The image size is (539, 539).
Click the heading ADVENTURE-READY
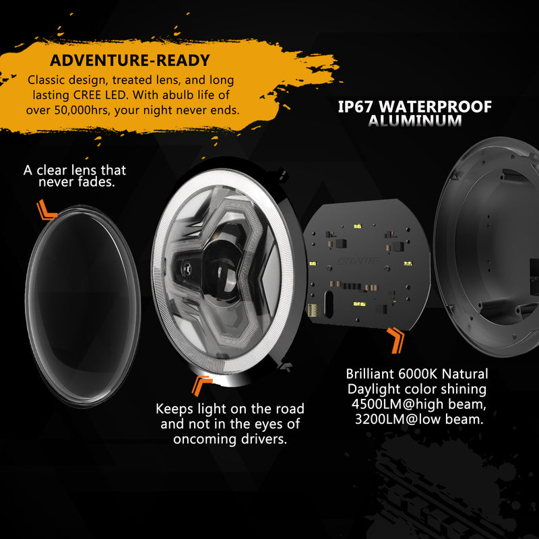129,60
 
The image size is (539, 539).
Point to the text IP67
355,106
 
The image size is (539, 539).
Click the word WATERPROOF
435,106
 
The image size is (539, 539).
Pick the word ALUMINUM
415,121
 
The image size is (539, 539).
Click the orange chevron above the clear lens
46,210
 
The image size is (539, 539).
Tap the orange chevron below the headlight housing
201,385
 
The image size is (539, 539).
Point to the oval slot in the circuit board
329,304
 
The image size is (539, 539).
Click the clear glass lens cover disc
83,306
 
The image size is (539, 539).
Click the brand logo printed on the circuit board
358,261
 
